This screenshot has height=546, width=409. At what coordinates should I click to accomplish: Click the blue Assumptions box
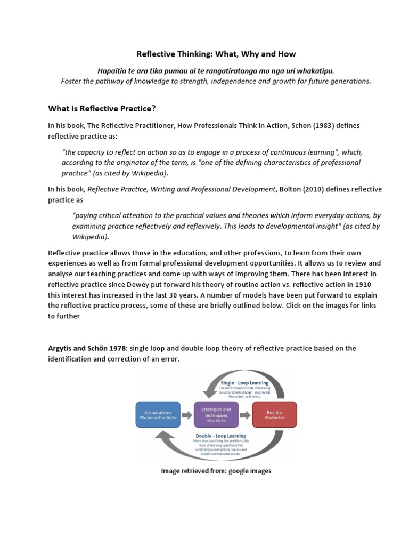click(x=158, y=414)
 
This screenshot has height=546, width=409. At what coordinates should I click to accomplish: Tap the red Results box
click(x=274, y=414)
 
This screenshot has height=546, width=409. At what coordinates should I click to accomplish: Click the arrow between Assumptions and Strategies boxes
click(x=186, y=414)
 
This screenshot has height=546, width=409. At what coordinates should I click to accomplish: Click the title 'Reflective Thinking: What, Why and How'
click(x=216, y=54)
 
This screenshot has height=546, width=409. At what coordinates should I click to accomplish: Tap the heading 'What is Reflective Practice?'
click(x=102, y=109)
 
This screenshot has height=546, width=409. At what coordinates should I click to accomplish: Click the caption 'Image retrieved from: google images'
click(x=216, y=471)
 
